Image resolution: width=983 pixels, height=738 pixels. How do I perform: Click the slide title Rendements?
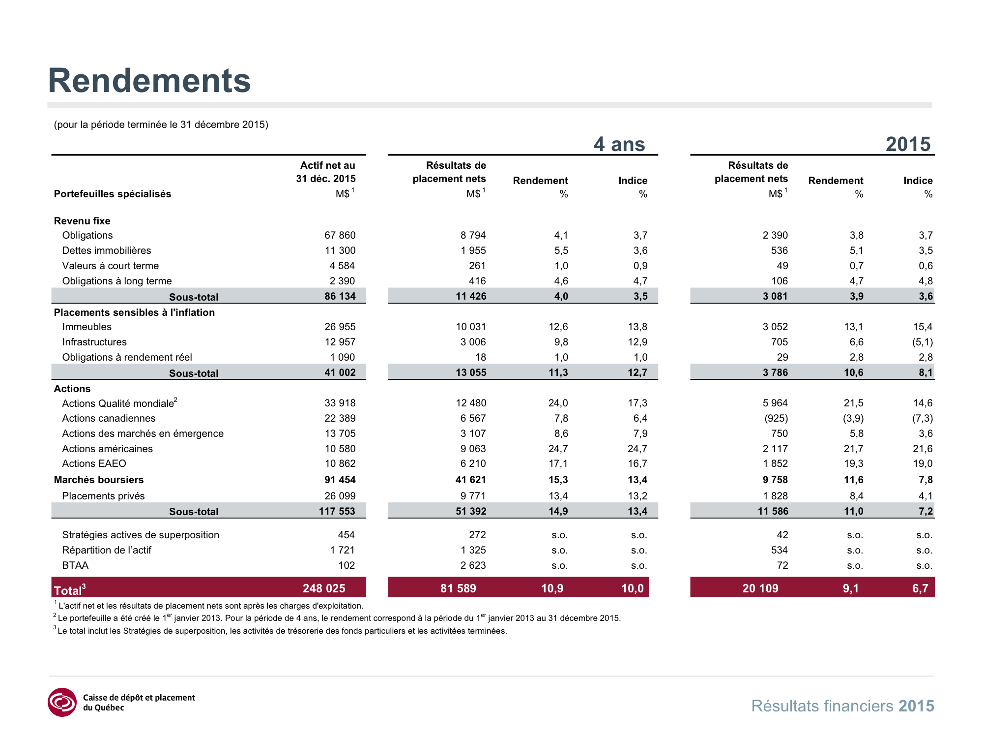coord(149,80)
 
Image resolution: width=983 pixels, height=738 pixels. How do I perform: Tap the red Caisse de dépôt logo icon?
coord(62,702)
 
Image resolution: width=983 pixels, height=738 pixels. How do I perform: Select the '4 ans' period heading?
coord(619,144)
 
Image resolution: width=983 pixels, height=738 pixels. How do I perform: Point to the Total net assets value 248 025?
coord(324,588)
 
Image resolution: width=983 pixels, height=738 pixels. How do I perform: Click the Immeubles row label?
coord(87,327)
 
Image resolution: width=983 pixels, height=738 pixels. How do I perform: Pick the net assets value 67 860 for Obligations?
coord(340,235)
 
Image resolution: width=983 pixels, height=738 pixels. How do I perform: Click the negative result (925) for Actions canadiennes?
coord(776,418)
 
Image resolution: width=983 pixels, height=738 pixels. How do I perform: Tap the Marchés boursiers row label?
coord(99,480)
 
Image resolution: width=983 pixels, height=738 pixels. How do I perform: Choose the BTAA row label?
coord(75,565)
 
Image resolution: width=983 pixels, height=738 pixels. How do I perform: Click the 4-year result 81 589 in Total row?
coord(458,588)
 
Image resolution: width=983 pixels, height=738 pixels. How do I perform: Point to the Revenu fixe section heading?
coord(82,221)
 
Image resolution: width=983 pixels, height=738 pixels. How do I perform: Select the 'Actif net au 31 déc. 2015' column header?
coord(326,172)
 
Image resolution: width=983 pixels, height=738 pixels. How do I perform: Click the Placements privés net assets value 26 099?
coord(340,496)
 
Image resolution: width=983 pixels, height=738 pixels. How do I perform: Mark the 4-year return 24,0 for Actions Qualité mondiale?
coord(558,403)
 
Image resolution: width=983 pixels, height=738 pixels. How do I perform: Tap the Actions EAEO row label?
coord(94,463)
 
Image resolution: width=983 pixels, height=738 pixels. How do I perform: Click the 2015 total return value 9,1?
coord(851,588)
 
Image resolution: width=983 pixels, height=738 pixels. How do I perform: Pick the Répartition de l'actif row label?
coord(107,550)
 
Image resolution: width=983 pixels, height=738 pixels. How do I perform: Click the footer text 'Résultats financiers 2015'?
coord(842,706)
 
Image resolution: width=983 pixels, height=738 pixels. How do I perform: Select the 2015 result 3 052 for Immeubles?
coord(775,327)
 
